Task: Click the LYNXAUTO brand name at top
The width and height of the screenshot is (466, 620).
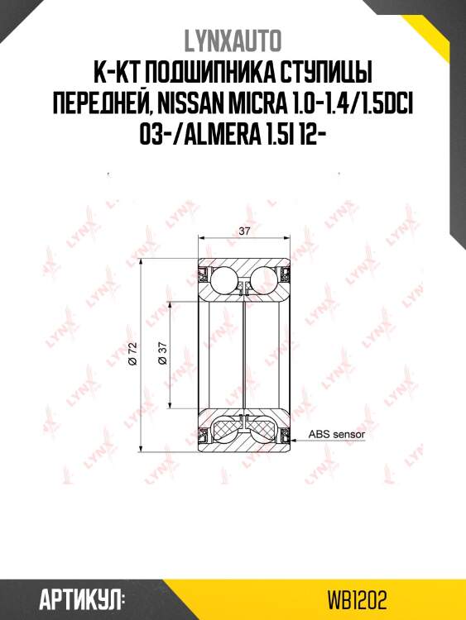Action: point(233,41)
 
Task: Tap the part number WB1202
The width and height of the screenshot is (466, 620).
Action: point(357,601)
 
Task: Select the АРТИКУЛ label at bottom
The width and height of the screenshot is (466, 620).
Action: point(82,601)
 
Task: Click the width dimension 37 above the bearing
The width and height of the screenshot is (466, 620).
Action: point(245,231)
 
